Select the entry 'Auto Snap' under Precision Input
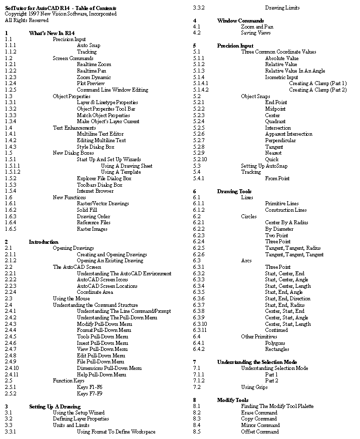[x=89, y=45]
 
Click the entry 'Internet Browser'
[x=96, y=191]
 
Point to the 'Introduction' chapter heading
[x=44, y=242]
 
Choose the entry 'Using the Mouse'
[x=71, y=298]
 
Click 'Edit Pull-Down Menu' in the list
[x=101, y=355]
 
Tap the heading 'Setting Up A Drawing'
[x=55, y=406]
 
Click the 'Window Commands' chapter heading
[x=240, y=21]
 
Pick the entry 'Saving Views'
[x=256, y=33]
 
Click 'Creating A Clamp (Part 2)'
[x=317, y=90]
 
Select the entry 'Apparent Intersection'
[x=288, y=134]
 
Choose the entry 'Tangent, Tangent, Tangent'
[x=294, y=254]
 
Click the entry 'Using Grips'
[x=254, y=387]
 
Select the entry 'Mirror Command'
[x=260, y=425]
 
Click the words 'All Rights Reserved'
[x=27, y=20]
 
